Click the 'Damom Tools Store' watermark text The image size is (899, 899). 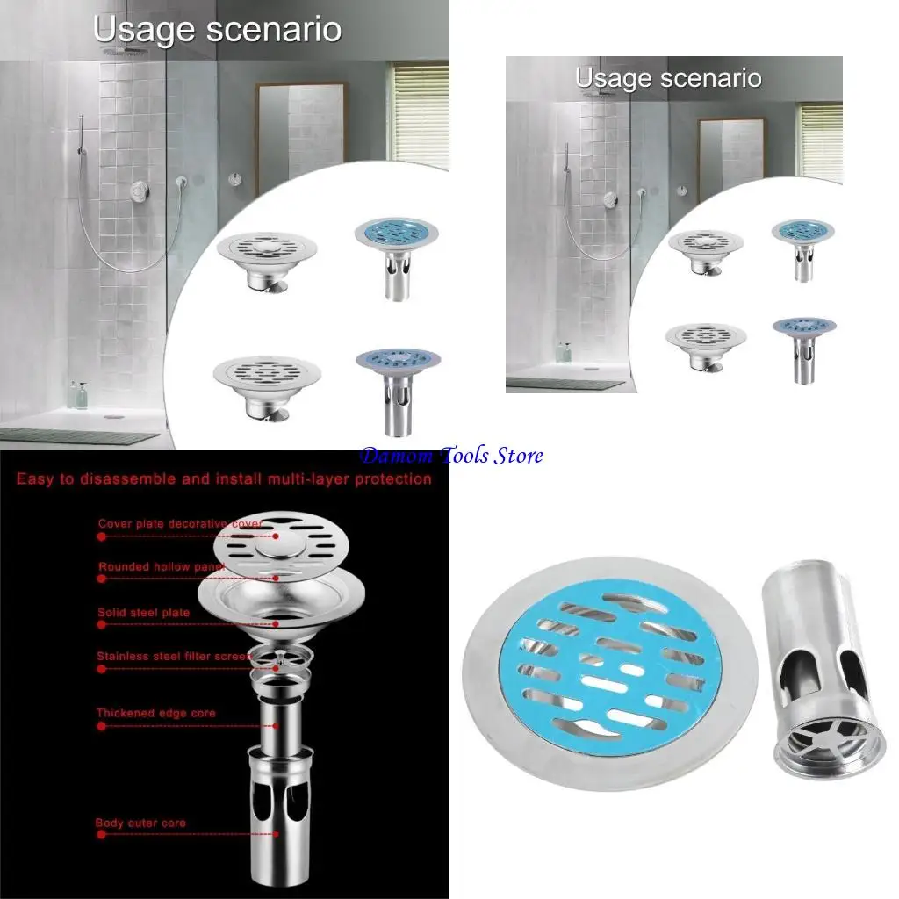pyautogui.click(x=451, y=456)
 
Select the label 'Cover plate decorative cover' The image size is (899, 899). pyautogui.click(x=179, y=524)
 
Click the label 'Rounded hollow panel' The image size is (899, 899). pyautogui.click(x=162, y=567)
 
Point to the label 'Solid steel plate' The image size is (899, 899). pyautogui.click(x=144, y=612)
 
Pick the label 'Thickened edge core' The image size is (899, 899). pyautogui.click(x=155, y=713)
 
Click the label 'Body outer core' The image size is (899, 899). pyautogui.click(x=140, y=823)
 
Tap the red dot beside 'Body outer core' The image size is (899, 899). pyautogui.click(x=101, y=835)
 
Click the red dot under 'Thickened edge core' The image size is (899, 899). pyautogui.click(x=101, y=726)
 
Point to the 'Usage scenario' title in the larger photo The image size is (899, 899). pyautogui.click(x=217, y=29)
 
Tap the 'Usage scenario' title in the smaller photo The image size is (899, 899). pyautogui.click(x=667, y=78)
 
